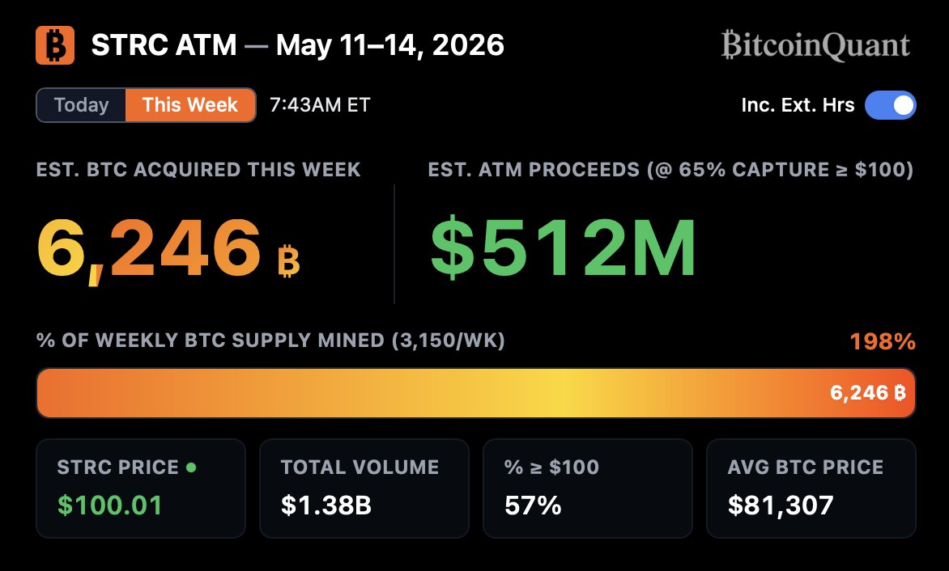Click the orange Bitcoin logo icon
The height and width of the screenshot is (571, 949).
(55, 45)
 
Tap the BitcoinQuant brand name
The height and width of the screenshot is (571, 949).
(815, 45)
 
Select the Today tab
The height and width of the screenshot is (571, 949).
(81, 105)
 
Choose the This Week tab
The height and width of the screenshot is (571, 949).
(190, 105)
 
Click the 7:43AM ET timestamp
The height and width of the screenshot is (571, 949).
(320, 105)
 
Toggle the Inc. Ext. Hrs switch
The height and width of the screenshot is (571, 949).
(890, 105)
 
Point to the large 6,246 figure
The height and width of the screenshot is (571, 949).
(149, 248)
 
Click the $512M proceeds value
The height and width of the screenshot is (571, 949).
(563, 247)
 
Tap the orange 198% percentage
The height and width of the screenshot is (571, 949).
(883, 341)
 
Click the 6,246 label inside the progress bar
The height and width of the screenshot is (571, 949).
(867, 393)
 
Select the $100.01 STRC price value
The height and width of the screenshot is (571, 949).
(109, 505)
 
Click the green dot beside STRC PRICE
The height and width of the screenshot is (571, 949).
(191, 467)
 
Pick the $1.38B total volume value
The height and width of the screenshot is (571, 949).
(326, 505)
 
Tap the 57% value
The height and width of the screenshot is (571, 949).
(533, 505)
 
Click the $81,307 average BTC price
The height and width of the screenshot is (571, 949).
(780, 505)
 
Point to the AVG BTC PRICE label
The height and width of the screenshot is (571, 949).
(805, 467)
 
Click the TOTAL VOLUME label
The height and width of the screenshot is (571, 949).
(360, 467)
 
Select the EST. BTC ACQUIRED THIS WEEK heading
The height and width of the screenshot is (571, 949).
(198, 170)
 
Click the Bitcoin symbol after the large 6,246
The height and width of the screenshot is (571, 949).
(289, 260)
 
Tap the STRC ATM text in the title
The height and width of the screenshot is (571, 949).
(164, 45)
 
